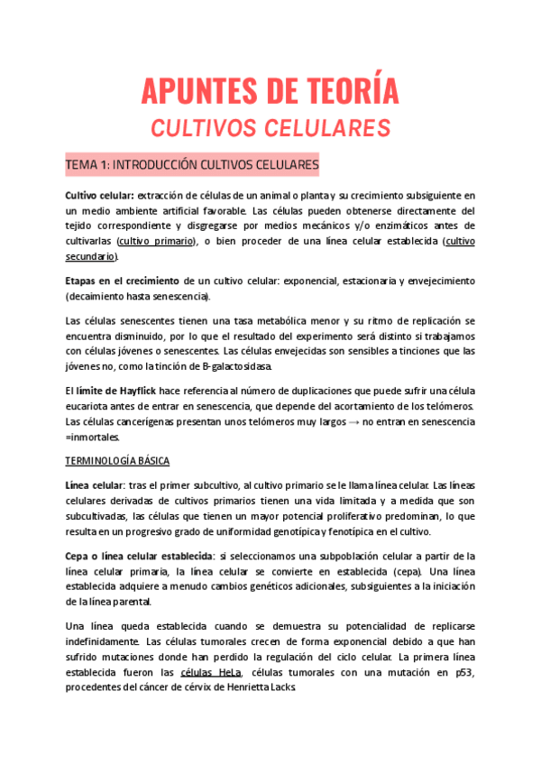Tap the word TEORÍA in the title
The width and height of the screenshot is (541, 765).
(x=351, y=91)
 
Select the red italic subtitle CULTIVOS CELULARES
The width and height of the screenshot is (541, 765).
(x=270, y=128)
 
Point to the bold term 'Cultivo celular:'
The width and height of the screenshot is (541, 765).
(x=99, y=196)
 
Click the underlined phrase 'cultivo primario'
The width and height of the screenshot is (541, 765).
(x=155, y=241)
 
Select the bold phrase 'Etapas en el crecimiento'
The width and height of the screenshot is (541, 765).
(x=122, y=281)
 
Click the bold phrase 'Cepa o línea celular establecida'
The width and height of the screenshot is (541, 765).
(x=141, y=556)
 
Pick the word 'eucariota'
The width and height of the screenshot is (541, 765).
(x=91, y=406)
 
